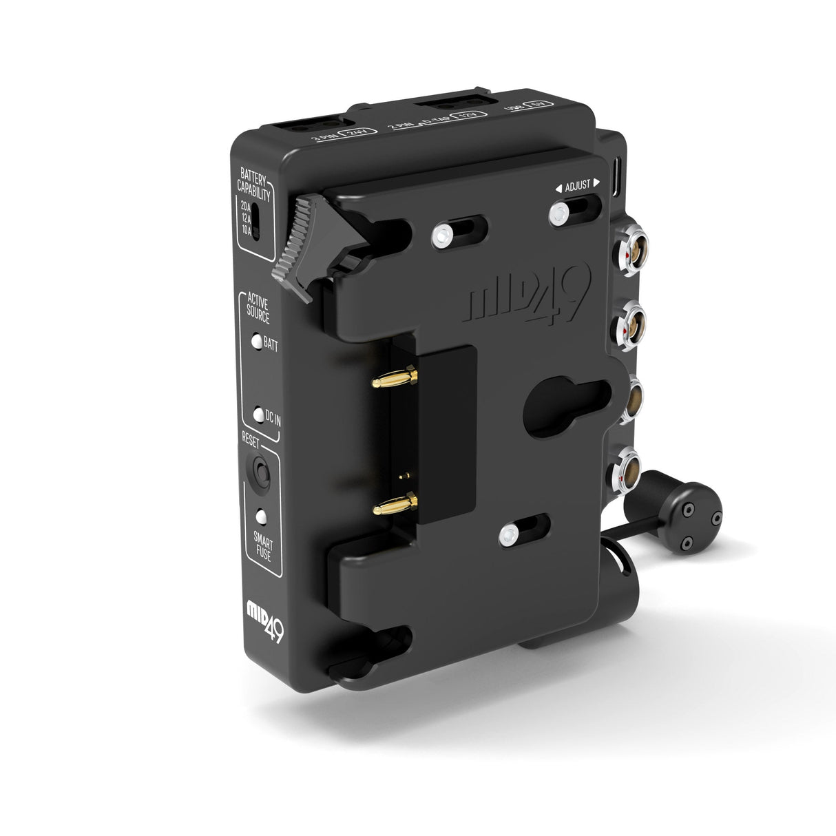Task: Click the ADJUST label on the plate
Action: (x=578, y=186)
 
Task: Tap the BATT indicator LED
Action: (x=256, y=342)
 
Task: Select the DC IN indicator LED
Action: (x=258, y=415)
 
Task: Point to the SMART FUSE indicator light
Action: (x=261, y=515)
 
